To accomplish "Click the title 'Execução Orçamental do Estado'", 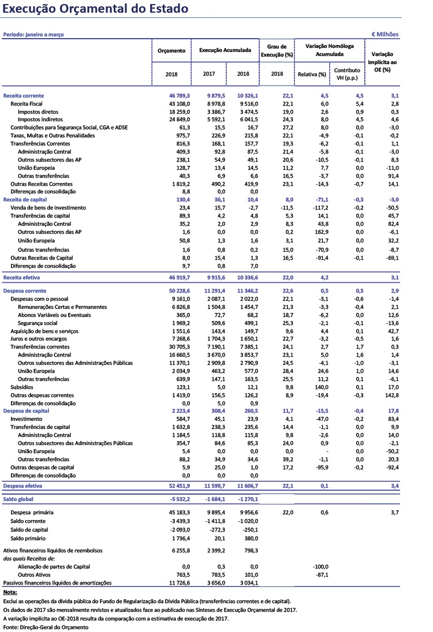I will click(x=95, y=9).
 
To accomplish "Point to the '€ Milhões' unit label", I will click(x=385, y=35).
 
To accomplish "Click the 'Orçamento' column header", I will click(x=171, y=51).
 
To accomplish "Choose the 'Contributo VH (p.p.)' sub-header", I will click(x=346, y=74).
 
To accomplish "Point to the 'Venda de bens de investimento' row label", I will click(x=48, y=207).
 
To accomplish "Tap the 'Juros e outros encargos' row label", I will click(x=39, y=339).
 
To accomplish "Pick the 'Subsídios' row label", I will click(x=22, y=387).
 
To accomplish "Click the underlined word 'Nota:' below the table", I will click(x=10, y=592).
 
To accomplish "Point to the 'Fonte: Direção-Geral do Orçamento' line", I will click(x=46, y=627).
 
